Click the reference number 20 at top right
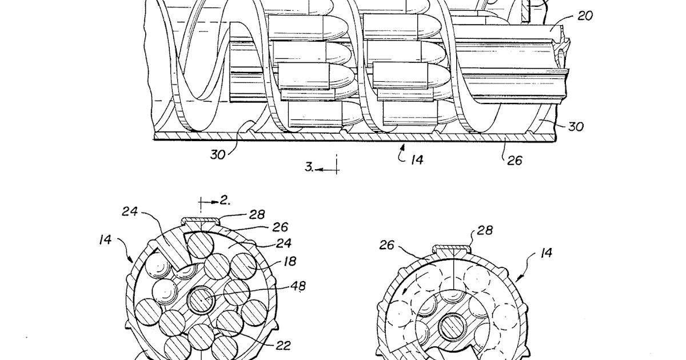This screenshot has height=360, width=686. tap(585, 15)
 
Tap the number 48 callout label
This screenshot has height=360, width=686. tap(297, 286)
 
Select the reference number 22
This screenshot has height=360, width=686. tap(282, 345)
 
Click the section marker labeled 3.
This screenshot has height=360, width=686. tap(309, 167)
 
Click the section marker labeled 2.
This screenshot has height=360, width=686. tap(224, 200)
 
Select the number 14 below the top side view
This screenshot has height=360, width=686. tap(416, 159)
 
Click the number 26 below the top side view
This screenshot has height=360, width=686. tap(514, 161)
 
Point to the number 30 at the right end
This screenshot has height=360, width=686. tap(575, 126)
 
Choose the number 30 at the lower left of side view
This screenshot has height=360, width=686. tap(218, 154)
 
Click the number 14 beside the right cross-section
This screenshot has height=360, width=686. tap(547, 252)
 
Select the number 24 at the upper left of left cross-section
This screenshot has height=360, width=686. tap(130, 211)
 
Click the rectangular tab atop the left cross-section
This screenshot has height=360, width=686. tap(200, 221)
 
